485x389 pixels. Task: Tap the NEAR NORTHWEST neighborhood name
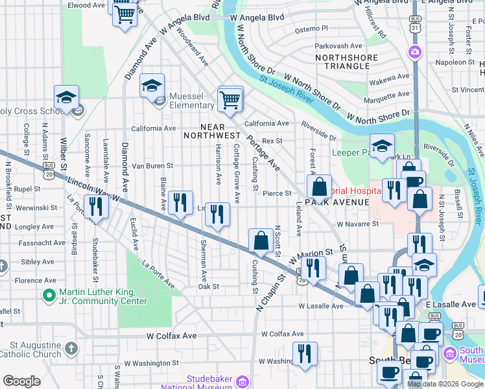tap(212, 131)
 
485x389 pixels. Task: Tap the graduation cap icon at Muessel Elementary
tap(152, 86)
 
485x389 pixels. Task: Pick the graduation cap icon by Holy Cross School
tap(66, 97)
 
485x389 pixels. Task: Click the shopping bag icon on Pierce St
tap(319, 187)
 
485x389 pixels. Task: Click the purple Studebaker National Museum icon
tap(242, 381)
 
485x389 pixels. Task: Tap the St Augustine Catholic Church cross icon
tap(71, 349)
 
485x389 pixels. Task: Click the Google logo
tap(21, 381)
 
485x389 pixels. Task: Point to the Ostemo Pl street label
tap(311, 29)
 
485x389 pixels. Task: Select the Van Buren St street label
tap(152, 166)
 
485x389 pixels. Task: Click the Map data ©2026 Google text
tap(445, 384)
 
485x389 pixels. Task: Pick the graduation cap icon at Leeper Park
tap(382, 146)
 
